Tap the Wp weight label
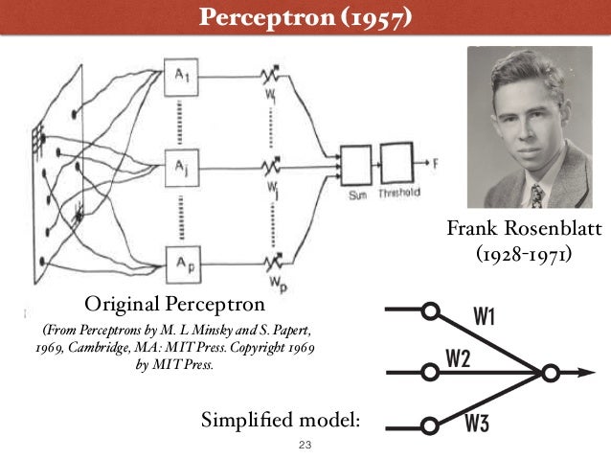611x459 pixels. (274, 285)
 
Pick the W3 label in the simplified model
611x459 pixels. (478, 424)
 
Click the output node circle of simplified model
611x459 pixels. (550, 371)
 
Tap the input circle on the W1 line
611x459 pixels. (431, 311)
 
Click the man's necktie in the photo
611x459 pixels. (537, 195)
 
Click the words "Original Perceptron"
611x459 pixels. (174, 305)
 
